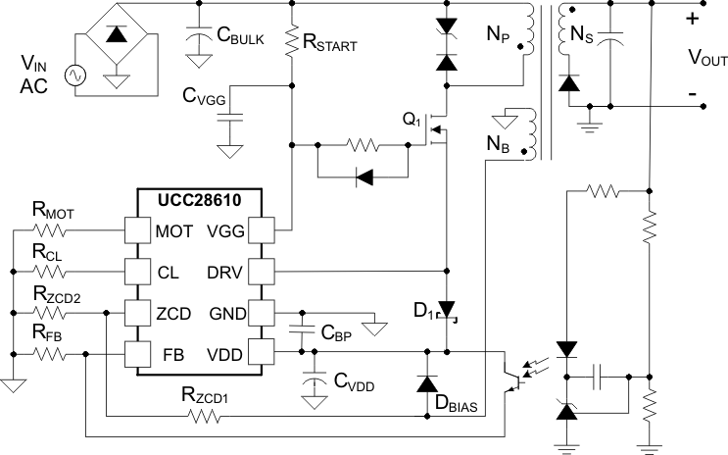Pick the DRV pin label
pyautogui.click(x=222, y=271)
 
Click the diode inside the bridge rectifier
pyautogui.click(x=117, y=36)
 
